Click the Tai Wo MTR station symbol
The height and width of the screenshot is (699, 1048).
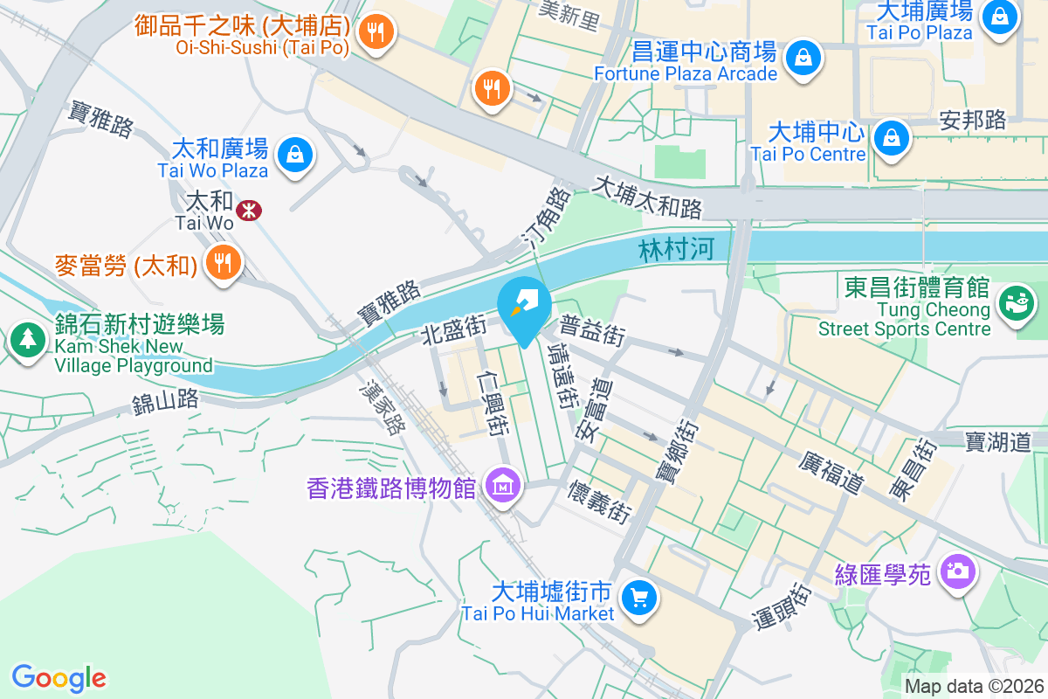click(x=249, y=210)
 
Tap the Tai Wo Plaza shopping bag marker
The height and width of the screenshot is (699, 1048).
click(x=295, y=156)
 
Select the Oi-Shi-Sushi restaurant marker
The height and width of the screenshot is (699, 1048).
click(x=376, y=33)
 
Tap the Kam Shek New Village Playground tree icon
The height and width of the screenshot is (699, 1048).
click(x=27, y=338)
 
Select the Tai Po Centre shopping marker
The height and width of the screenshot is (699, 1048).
click(x=891, y=138)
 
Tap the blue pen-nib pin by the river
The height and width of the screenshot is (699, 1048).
click(x=523, y=306)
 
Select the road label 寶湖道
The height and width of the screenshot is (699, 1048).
click(x=998, y=441)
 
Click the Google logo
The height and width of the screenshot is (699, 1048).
click(x=59, y=677)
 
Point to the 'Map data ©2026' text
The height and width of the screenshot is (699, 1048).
click(x=973, y=686)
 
